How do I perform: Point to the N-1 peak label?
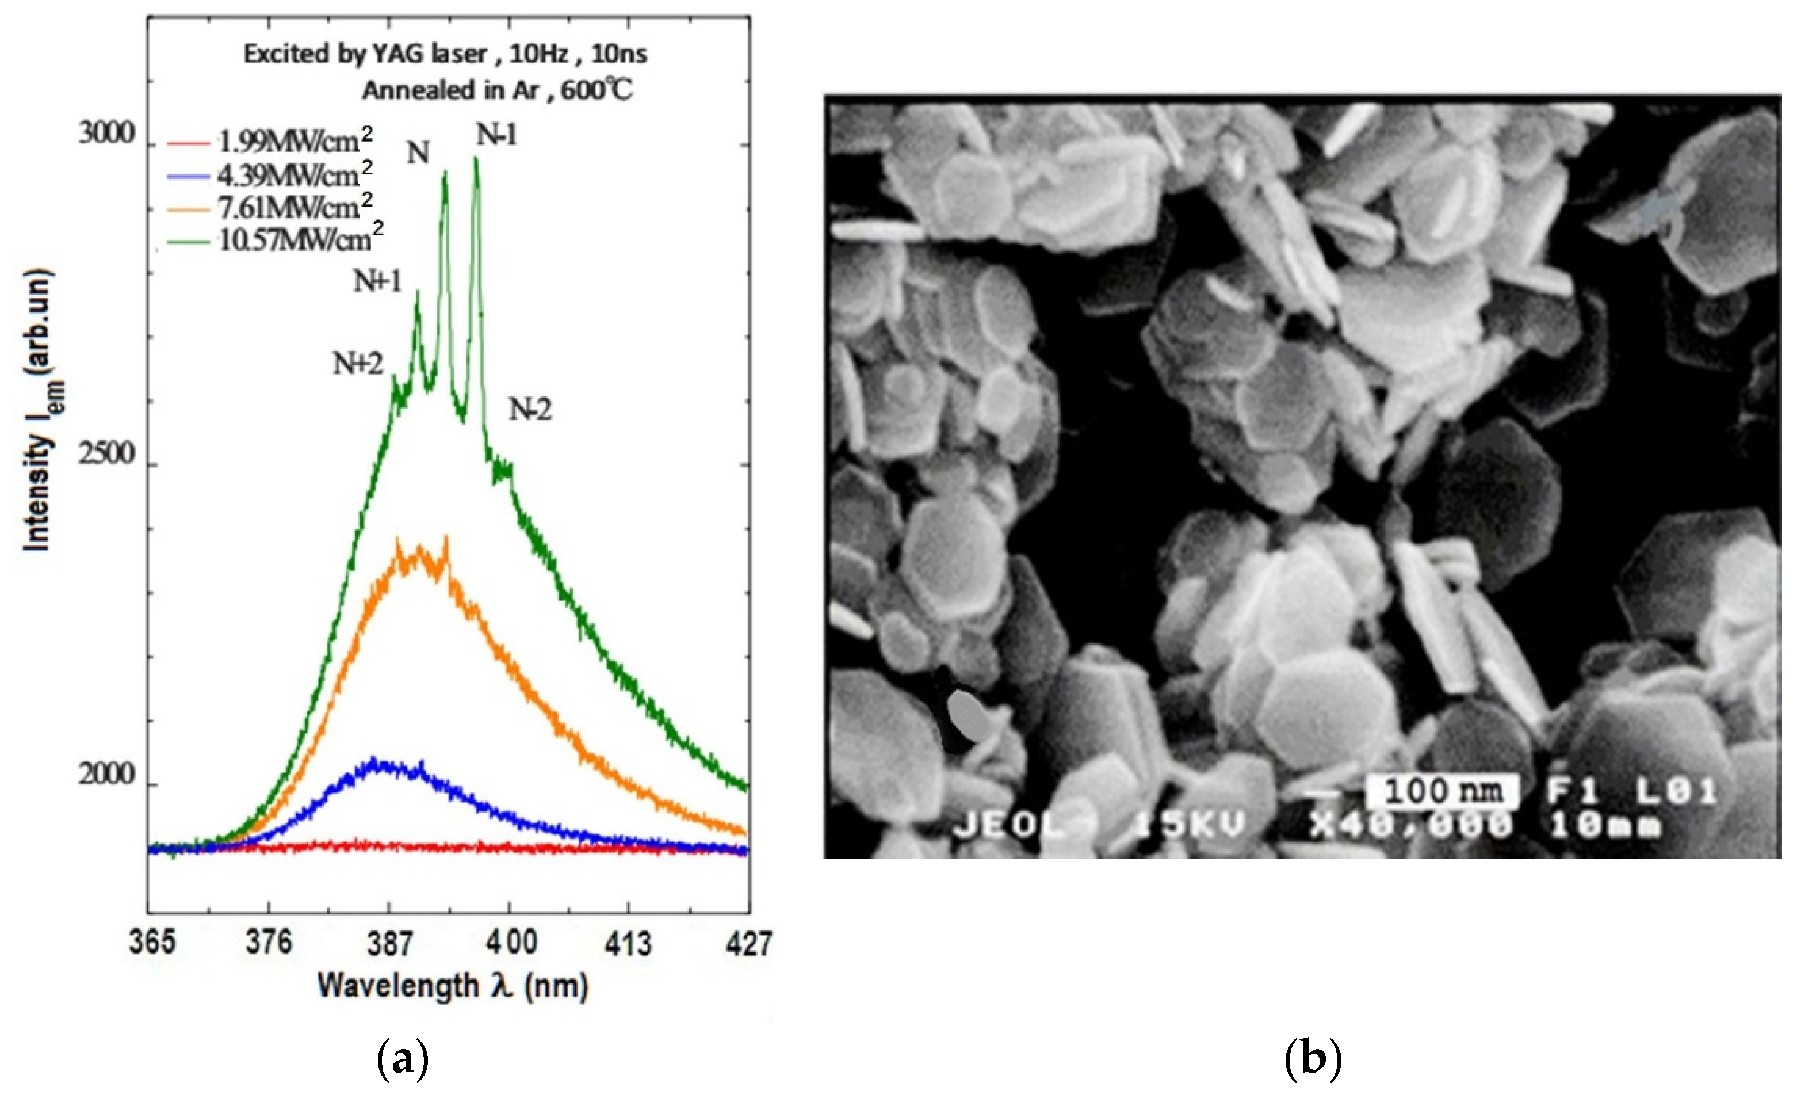[x=496, y=135]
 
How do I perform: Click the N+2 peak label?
[x=358, y=364]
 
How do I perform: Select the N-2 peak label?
[x=530, y=410]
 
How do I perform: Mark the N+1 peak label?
[x=378, y=281]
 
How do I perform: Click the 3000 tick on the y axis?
[x=107, y=135]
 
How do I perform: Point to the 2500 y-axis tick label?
[x=107, y=455]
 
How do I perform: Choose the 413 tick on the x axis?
[x=627, y=943]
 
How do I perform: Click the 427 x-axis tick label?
[x=748, y=943]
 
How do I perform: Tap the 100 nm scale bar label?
[x=1443, y=791]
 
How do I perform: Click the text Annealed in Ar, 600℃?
[x=497, y=91]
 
